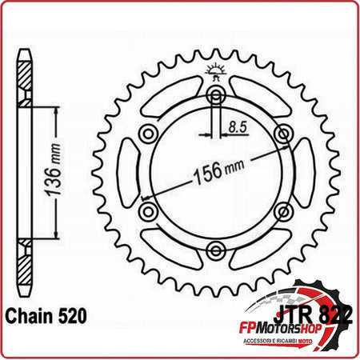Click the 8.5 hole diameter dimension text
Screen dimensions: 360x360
tap(235, 126)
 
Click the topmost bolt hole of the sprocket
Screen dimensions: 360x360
tap(214, 97)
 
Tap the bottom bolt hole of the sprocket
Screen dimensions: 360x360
tap(214, 251)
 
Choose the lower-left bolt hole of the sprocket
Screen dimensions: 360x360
tap(146, 212)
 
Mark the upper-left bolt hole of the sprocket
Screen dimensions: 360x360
tap(146, 134)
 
